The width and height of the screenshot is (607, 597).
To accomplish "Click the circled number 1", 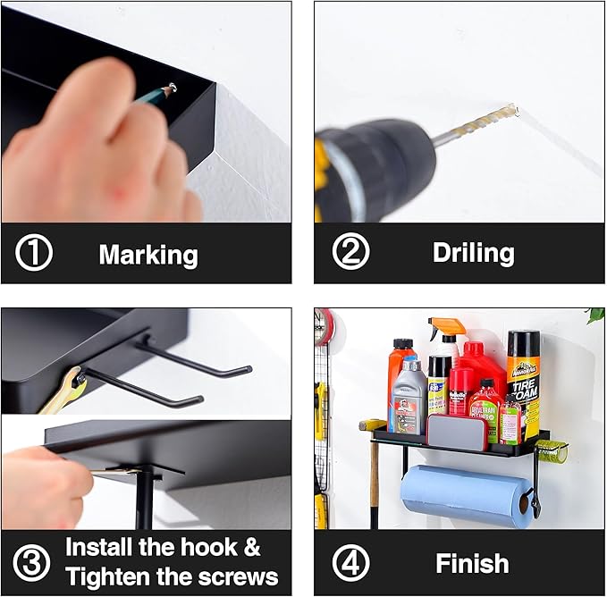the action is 34,252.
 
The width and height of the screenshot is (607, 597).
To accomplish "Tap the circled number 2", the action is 350,251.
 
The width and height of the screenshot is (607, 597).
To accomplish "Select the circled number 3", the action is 31,562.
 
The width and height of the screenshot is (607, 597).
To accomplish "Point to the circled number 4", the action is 350,562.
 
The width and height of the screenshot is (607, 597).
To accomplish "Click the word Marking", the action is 148,256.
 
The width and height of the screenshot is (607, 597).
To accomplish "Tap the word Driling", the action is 474,254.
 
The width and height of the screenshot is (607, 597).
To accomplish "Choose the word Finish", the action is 472,563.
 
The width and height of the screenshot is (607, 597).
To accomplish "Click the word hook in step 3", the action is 209,547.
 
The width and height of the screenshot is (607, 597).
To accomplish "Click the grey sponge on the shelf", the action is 457,432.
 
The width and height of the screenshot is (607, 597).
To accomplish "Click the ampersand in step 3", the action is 252,547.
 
